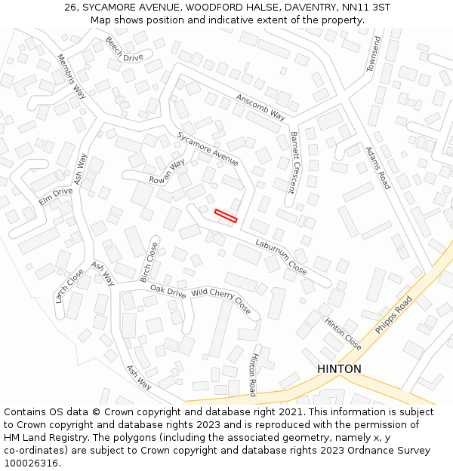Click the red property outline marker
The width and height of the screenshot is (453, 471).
pos(226,216)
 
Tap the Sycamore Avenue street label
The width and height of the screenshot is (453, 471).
pos(208,148)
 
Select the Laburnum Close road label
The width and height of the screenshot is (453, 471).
pos(281,256)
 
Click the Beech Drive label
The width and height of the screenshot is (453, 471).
pos(125,49)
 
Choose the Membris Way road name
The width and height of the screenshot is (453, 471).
pos(72,76)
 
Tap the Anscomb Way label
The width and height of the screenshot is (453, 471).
pos(260,107)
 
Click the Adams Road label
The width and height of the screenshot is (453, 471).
pos(377,167)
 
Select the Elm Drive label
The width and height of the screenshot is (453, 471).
pos(56,197)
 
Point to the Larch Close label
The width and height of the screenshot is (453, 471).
pos(69,286)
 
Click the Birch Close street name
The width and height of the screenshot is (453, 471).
pos(149,261)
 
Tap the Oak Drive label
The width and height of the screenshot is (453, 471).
pos(168,290)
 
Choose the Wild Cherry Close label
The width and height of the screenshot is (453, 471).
pos(221,301)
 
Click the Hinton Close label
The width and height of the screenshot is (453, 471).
pos(343,333)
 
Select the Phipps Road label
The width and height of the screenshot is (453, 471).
pos(393,316)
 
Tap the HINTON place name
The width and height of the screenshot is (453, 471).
pos(339,369)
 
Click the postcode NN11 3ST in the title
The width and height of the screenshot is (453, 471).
pos(365,7)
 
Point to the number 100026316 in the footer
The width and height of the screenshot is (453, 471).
pos(31,463)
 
